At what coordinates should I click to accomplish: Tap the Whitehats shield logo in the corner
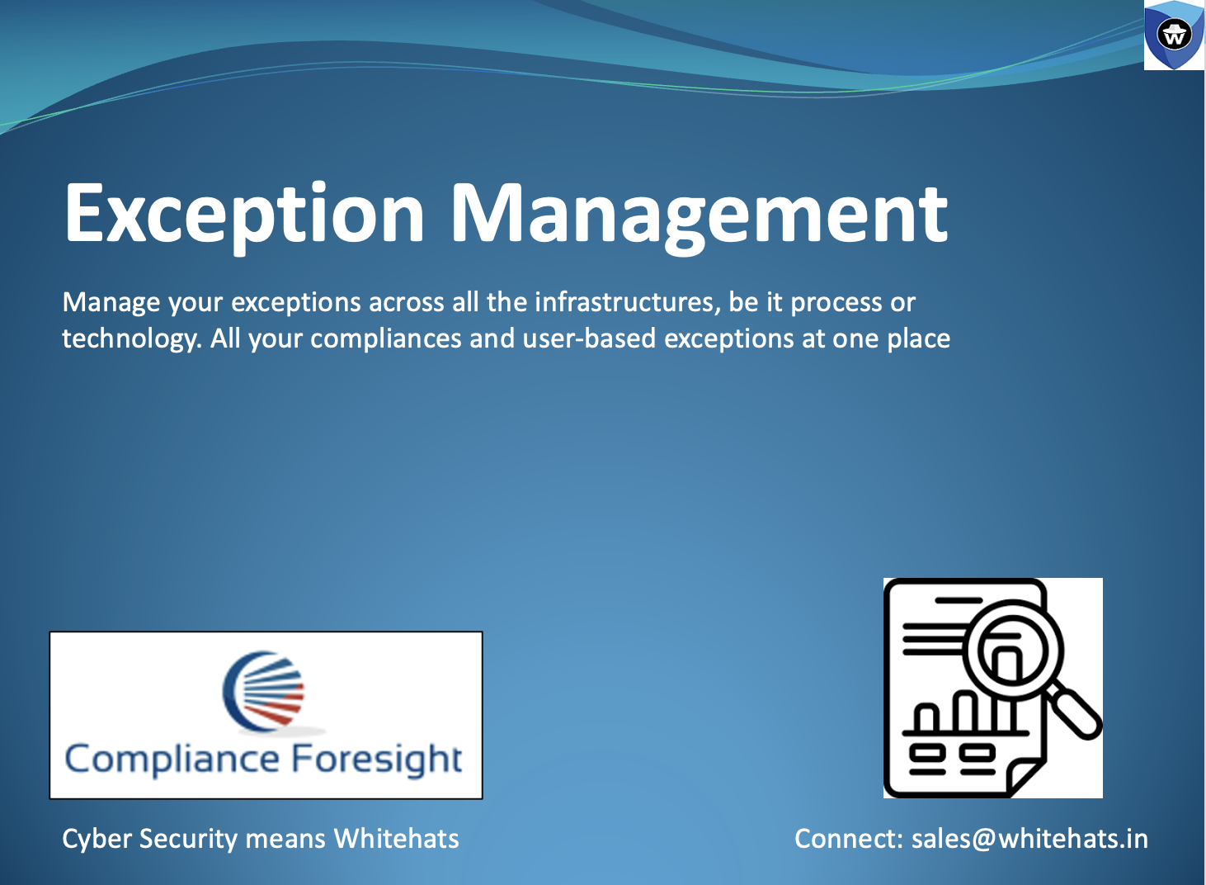coord(1174,35)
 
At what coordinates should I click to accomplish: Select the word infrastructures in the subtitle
coord(628,302)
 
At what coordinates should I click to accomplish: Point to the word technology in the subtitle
coord(132,339)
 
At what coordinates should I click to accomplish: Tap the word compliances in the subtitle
coord(385,339)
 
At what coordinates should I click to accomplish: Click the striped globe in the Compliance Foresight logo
coord(264,691)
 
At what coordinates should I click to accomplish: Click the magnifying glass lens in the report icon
coord(1013,651)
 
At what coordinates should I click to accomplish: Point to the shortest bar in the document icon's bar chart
coord(926,717)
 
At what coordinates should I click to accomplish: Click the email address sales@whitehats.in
coord(1029,840)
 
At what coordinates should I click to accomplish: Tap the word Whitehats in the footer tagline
coord(396,839)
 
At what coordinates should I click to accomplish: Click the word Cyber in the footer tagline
coord(97,840)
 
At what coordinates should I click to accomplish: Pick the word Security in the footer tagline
coord(188,840)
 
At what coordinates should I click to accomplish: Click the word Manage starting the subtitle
coord(111,303)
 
